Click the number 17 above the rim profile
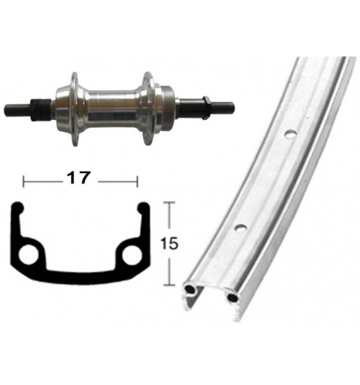[81, 179]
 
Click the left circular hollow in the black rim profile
[29, 255]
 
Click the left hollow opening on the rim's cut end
[191, 291]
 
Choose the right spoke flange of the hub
[148, 107]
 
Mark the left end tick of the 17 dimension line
[24, 181]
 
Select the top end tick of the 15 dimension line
[169, 203]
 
